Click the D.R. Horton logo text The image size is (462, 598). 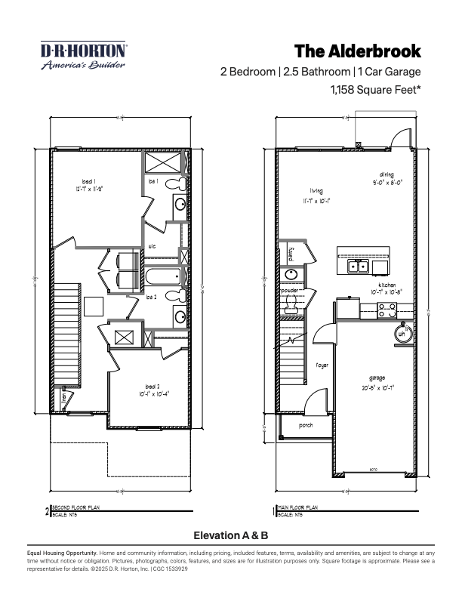click(84, 51)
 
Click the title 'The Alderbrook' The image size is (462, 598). click(357, 51)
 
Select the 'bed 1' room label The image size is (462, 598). click(89, 181)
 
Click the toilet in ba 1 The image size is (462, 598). click(171, 183)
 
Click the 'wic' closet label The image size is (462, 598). click(152, 245)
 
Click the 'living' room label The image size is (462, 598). click(316, 191)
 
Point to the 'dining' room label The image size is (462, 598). click(387, 174)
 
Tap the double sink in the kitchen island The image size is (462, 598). click(357, 266)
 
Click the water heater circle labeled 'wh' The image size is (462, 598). click(402, 332)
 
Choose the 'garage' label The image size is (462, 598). click(377, 378)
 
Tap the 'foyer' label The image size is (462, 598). click(322, 365)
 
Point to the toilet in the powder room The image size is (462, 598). click(289, 304)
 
